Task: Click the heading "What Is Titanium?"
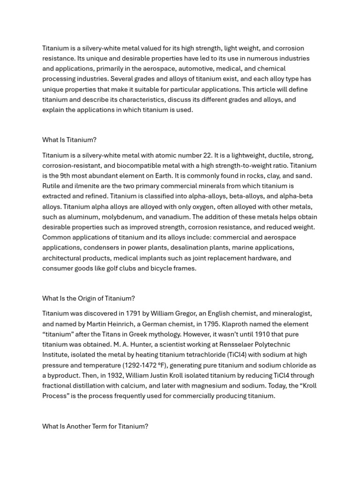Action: click(x=69, y=140)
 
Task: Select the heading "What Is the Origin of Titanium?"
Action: click(x=88, y=298)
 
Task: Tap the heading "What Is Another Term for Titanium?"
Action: click(x=95, y=427)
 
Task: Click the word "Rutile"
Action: click(x=52, y=186)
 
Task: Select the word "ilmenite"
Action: click(x=91, y=186)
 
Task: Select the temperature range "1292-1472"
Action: click(x=141, y=365)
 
